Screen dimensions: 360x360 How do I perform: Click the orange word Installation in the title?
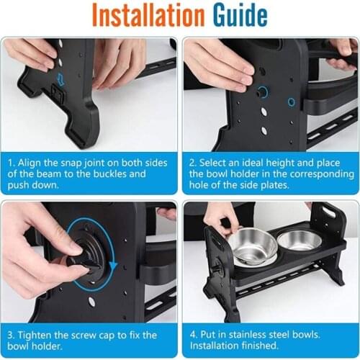tap(148, 15)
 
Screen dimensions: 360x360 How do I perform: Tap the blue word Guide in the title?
tap(240, 15)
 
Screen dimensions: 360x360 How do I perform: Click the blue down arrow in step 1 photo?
tap(60, 79)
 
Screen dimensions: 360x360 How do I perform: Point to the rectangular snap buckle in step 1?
tap(57, 94)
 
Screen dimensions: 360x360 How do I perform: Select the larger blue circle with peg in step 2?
tap(262, 92)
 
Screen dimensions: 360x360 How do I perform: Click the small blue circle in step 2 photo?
tap(292, 102)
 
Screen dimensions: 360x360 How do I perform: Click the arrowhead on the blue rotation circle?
tap(113, 266)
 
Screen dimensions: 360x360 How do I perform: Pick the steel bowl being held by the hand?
tap(252, 247)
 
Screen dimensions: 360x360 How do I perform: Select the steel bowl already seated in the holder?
tap(300, 240)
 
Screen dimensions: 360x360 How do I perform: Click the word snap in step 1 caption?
tap(71, 163)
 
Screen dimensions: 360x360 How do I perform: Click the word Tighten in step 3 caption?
tap(35, 335)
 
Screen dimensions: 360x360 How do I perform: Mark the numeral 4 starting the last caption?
tap(192, 335)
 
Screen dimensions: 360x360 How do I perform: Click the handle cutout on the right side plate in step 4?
tap(329, 212)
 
